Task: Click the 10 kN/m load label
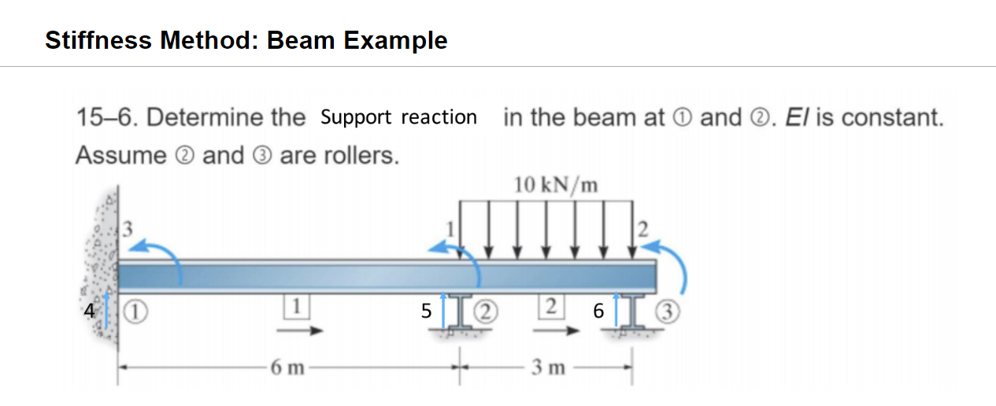coord(556,186)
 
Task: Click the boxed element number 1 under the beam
coord(297,304)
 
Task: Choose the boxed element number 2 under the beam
coord(552,304)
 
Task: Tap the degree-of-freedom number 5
coord(426,312)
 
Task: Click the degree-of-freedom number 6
coord(598,312)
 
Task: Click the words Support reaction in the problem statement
coord(398,117)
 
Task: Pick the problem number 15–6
coord(108,117)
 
